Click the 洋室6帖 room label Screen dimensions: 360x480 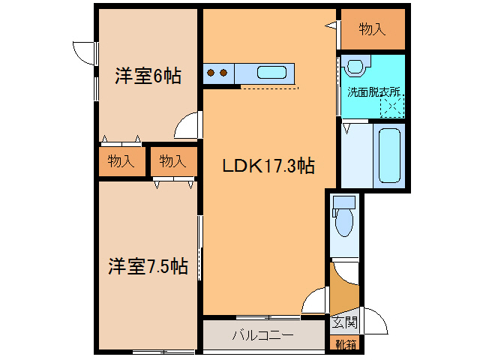147,76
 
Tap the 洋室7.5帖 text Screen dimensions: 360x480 147,265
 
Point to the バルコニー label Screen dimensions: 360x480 262,335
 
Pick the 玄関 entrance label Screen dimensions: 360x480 345,323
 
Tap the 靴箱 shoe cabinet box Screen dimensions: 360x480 346,344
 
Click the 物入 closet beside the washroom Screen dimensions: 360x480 372,30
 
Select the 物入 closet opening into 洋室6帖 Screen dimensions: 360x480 121,160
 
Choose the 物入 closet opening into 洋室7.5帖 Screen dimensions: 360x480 172,160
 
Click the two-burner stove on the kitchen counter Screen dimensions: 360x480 217,73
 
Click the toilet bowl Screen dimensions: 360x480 344,222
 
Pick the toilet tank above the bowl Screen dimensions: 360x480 343,202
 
